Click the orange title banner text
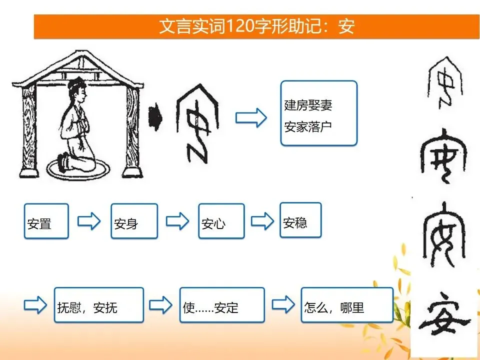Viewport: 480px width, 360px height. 257,26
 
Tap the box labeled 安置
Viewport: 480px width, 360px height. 46,221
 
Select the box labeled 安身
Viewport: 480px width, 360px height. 134,221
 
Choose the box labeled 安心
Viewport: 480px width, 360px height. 221,221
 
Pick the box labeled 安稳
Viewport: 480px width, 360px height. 300,220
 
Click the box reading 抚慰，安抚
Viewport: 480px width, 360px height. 99,304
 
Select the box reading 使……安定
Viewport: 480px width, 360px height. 222,304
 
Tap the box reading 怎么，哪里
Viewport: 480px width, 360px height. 347,304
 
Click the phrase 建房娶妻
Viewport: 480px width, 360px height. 308,105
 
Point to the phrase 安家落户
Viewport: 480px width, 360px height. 308,126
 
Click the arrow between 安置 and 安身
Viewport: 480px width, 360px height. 89,221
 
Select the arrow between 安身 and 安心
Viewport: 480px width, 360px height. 177,221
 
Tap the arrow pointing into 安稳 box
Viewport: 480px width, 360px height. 262,221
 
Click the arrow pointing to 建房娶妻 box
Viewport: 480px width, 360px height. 251,118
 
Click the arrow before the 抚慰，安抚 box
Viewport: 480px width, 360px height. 35,305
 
